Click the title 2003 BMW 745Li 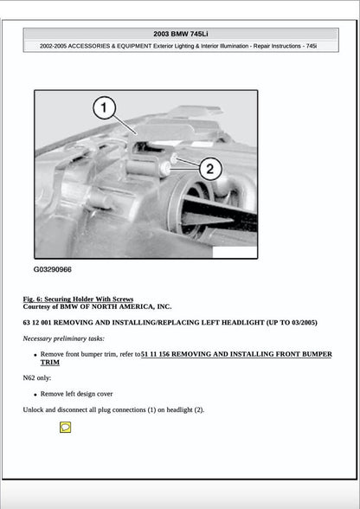coord(180,34)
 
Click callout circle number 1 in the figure coord(104,108)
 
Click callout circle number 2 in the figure coord(210,168)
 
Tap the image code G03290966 coord(53,269)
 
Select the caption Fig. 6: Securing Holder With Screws coord(78,299)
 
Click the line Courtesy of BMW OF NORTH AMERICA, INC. coord(97,306)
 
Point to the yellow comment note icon coord(65,427)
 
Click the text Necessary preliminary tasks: coord(63,338)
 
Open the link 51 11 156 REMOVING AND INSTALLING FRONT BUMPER coord(236,354)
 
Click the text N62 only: coord(36,378)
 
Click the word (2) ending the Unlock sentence coord(198,409)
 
